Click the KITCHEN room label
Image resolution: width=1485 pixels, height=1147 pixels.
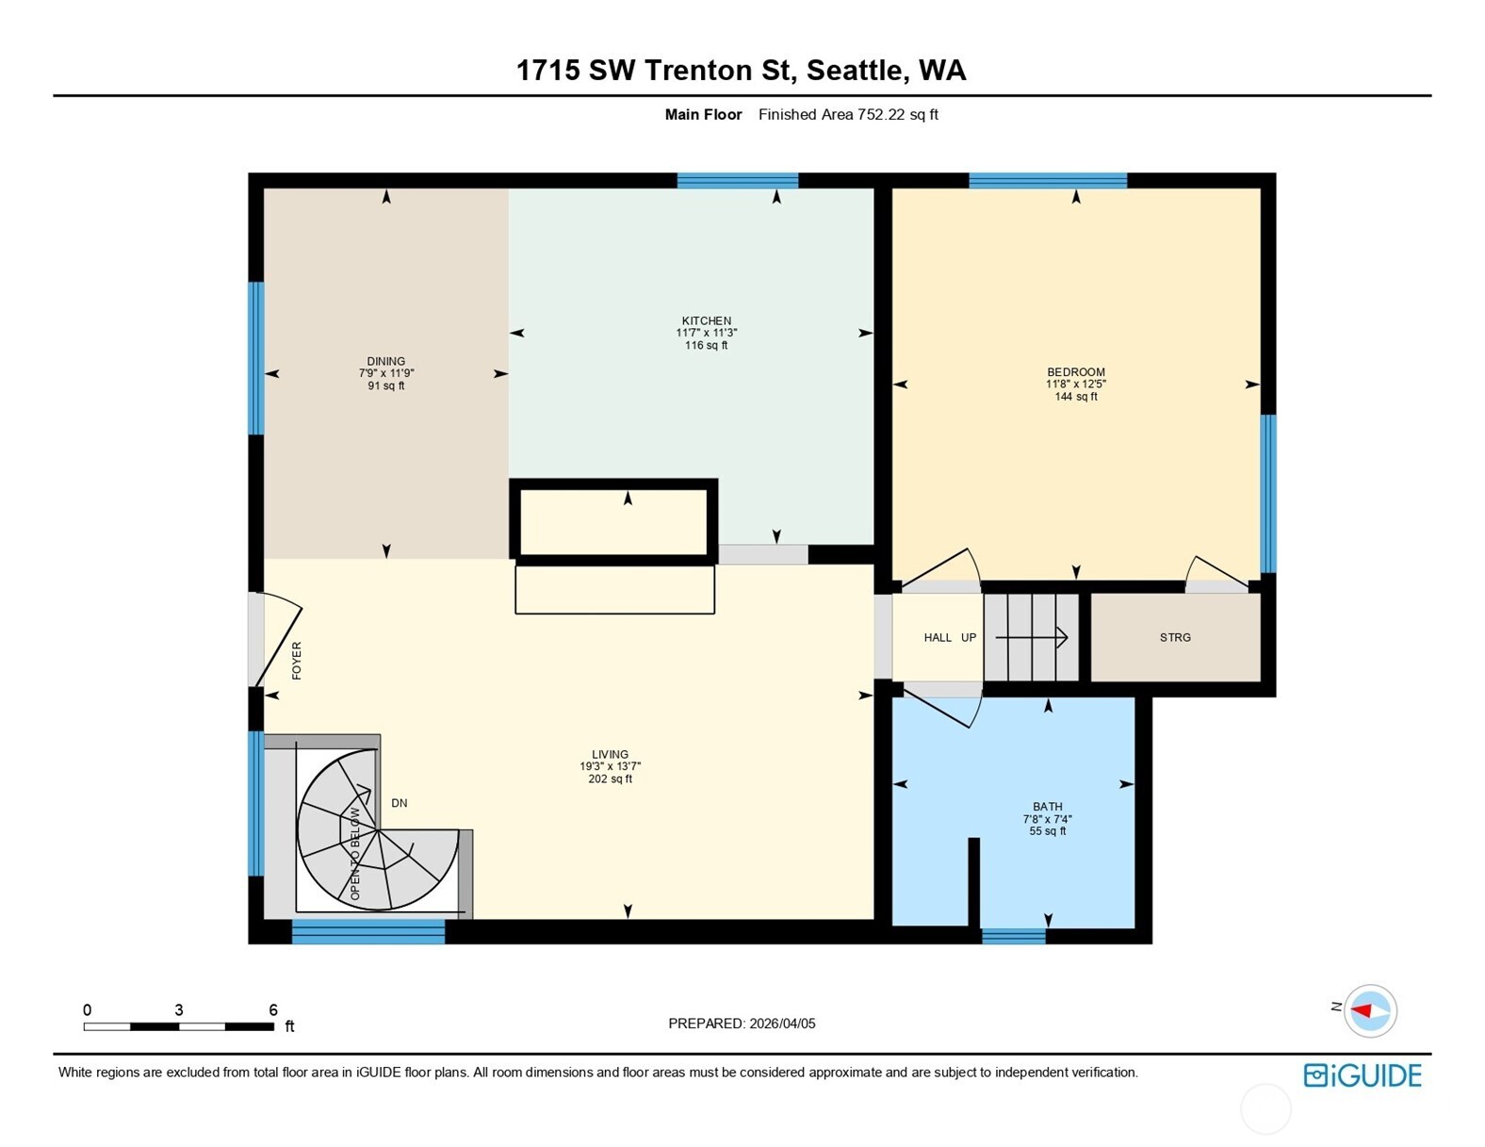pos(706,321)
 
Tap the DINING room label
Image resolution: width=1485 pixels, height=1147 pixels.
pos(385,362)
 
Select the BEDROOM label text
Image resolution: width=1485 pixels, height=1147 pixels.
pos(1075,372)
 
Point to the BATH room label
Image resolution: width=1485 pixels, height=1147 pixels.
pos(1047,807)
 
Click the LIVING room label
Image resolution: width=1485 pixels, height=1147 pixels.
pos(610,755)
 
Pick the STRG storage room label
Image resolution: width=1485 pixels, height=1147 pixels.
pos(1175,638)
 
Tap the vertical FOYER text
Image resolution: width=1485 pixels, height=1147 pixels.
pos(297,661)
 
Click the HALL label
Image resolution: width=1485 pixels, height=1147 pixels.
pos(938,638)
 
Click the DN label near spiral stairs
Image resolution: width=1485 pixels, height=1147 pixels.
pos(400,803)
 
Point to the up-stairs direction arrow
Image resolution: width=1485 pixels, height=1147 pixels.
pos(1032,638)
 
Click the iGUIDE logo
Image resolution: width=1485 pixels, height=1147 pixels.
pos(1363,1075)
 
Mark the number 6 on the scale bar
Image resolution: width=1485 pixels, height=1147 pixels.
pos(273,1009)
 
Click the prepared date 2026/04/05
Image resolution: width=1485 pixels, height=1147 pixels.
pos(781,1024)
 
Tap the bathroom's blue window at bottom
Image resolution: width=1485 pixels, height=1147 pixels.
pos(1013,936)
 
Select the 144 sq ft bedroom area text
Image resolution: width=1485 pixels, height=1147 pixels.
pos(1075,397)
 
